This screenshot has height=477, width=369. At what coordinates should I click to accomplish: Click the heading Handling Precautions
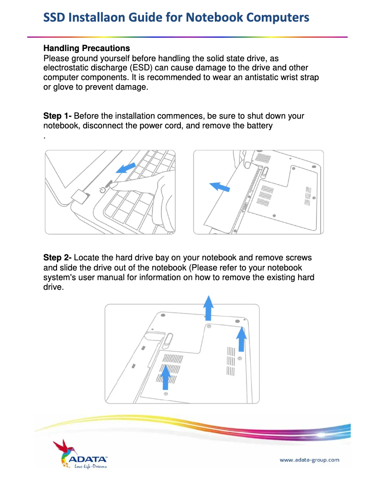click(86, 48)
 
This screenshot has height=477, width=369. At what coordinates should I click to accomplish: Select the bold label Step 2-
click(58, 258)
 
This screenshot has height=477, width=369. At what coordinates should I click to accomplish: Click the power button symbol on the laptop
click(103, 189)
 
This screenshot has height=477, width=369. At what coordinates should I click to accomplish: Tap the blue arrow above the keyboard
click(125, 168)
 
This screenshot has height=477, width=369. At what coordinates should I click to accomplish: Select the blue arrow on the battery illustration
click(220, 186)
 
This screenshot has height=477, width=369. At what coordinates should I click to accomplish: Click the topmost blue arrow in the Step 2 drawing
click(208, 307)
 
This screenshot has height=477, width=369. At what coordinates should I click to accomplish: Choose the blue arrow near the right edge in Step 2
click(241, 339)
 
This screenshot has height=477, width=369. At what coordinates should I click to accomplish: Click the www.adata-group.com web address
click(309, 460)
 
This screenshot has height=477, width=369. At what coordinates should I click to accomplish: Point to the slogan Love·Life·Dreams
click(90, 467)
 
